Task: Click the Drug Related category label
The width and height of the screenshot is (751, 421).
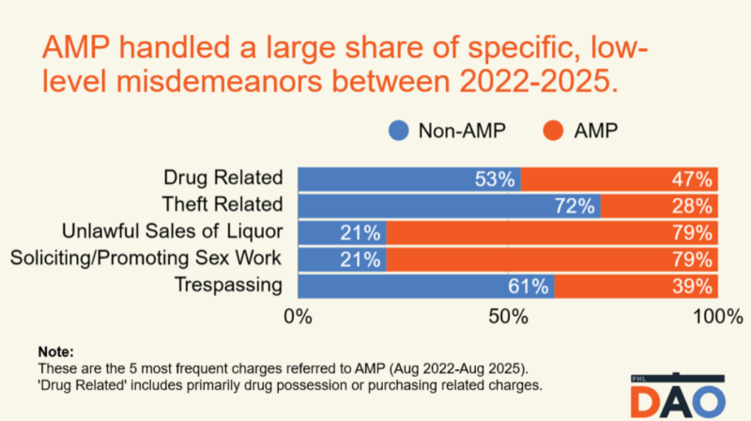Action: click(x=223, y=178)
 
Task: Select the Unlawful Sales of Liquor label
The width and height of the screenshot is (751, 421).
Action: click(x=172, y=232)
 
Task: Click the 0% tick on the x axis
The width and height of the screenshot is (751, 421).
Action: click(x=299, y=318)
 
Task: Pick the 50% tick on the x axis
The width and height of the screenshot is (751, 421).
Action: click(x=508, y=318)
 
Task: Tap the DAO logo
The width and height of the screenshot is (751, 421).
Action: click(x=677, y=397)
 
